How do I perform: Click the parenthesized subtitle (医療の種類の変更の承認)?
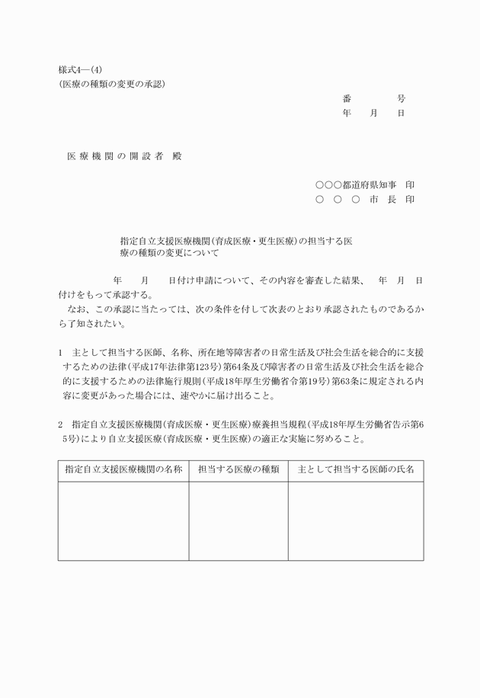click(112, 84)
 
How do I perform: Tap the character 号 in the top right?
click(401, 99)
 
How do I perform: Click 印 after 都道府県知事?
click(410, 185)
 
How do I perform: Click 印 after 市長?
click(410, 200)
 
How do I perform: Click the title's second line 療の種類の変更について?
click(168, 253)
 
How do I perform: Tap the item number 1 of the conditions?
click(60, 354)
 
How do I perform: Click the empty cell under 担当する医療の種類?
click(238, 521)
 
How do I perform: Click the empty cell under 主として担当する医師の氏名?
click(355, 521)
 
